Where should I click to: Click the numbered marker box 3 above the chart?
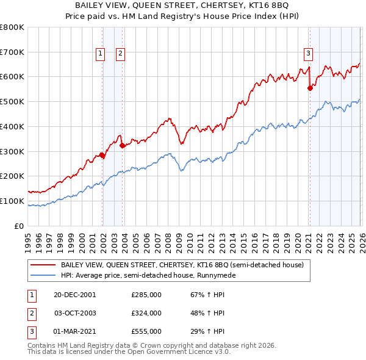click(309, 53)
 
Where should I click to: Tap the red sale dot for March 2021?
click(310, 88)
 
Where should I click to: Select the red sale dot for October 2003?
click(123, 145)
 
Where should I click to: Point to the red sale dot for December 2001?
click(102, 155)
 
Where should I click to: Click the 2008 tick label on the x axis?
click(167, 237)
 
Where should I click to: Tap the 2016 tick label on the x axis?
click(253, 237)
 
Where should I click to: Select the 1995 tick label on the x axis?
click(28, 237)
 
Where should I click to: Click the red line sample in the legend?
click(42, 265)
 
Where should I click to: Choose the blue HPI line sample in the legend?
click(42, 276)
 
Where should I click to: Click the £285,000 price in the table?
click(146, 295)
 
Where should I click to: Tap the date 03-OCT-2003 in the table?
click(75, 313)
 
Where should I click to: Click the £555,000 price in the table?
click(146, 331)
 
